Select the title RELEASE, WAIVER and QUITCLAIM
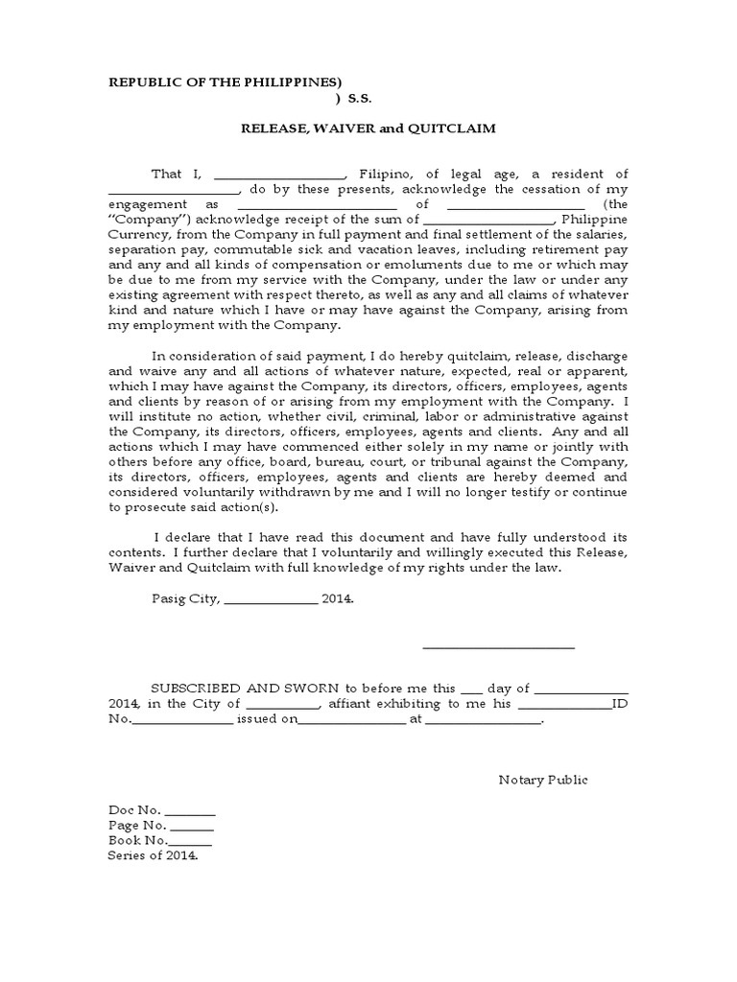pos(368,128)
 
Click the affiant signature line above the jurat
pos(498,648)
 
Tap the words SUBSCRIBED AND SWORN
pos(240,688)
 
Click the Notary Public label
pos(543,779)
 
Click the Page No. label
pos(137,825)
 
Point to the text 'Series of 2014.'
pos(153,855)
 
